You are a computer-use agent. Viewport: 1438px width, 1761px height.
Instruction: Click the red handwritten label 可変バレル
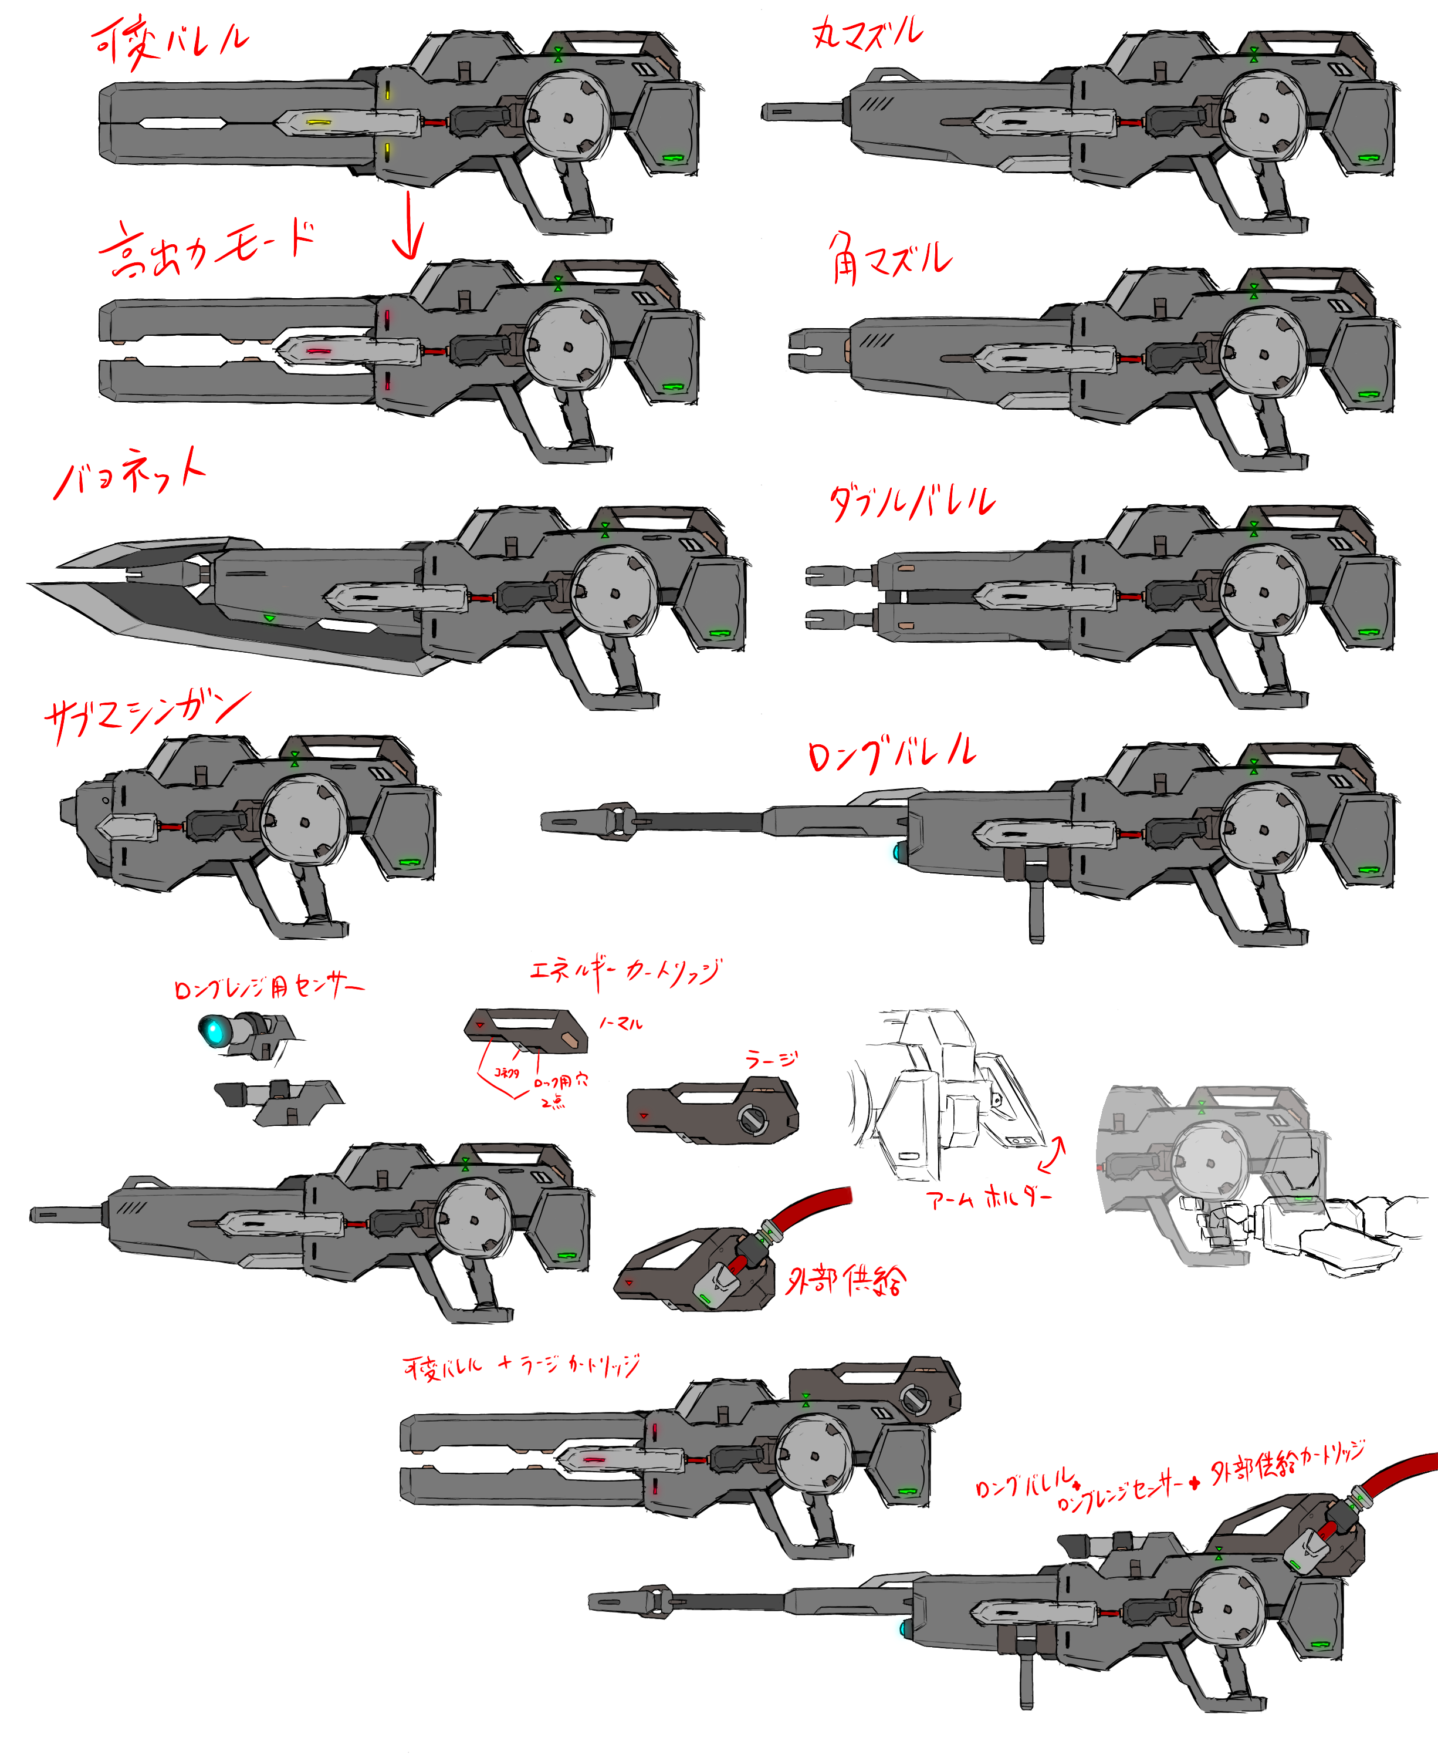tap(170, 42)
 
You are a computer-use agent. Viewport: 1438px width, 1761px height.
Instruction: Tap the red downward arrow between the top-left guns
tap(408, 225)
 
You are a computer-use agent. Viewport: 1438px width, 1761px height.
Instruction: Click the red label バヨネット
tap(129, 473)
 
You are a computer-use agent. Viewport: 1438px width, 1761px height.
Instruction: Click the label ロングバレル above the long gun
tap(891, 753)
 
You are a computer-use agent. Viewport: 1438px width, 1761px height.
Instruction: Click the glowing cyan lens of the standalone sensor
tap(214, 1031)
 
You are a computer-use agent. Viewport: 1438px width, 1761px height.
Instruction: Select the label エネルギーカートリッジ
tap(625, 971)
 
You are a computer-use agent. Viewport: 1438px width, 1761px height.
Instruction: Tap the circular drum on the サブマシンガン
tap(302, 821)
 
